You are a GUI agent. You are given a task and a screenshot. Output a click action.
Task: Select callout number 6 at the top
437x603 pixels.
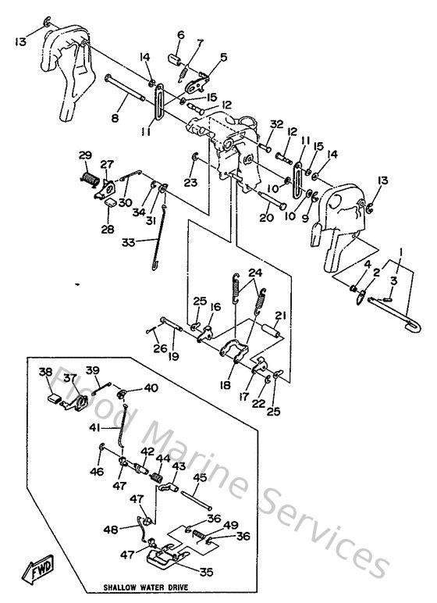[180, 35]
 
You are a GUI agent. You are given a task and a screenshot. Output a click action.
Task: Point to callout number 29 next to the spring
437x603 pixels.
[85, 156]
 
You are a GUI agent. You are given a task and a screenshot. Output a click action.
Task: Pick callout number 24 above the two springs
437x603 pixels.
[255, 273]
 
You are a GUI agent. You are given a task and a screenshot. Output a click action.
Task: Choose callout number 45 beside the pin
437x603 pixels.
[200, 477]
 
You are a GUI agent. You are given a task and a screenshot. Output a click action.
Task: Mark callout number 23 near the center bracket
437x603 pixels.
[189, 184]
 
